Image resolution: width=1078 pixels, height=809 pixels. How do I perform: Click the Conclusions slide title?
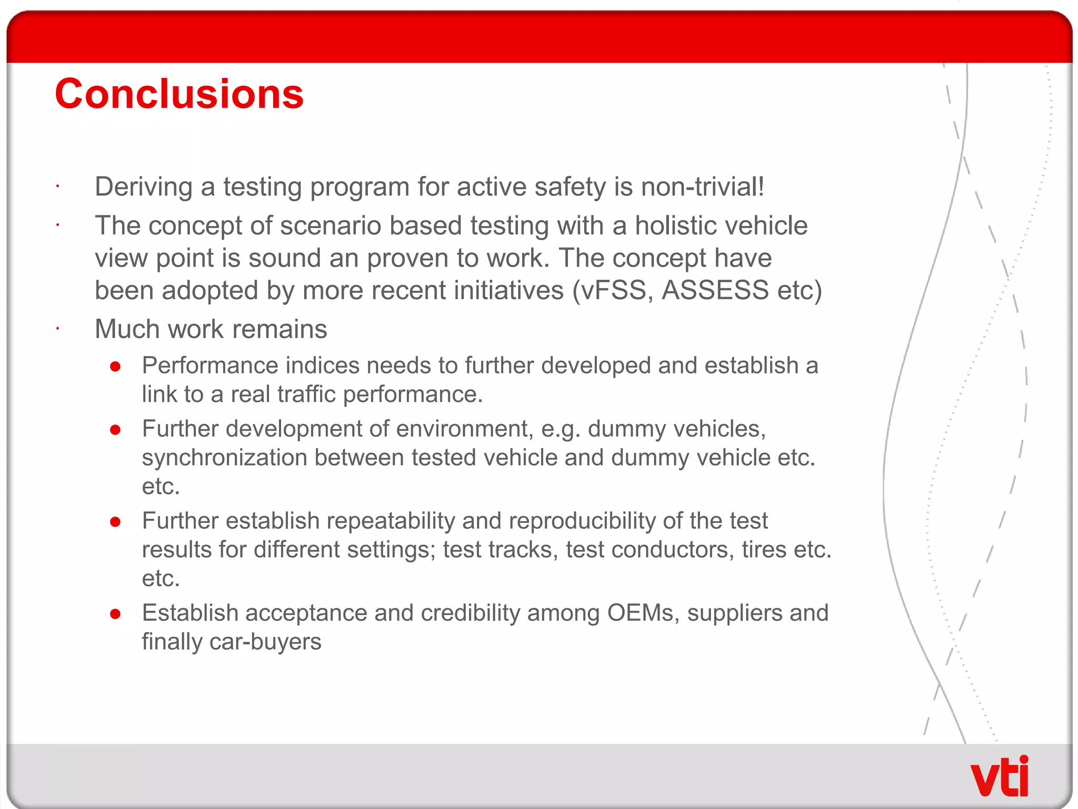pyautogui.click(x=179, y=94)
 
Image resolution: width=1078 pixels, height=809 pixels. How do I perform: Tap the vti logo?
pyautogui.click(x=999, y=776)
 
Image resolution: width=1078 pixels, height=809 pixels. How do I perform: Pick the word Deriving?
pyautogui.click(x=144, y=187)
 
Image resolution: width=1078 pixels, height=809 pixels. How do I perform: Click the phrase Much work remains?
pyautogui.click(x=211, y=329)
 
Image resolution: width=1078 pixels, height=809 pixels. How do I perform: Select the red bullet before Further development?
pyautogui.click(x=116, y=430)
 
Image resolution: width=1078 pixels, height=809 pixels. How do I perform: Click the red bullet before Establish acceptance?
pyautogui.click(x=116, y=614)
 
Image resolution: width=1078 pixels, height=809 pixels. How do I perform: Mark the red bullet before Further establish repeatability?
pyautogui.click(x=116, y=522)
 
